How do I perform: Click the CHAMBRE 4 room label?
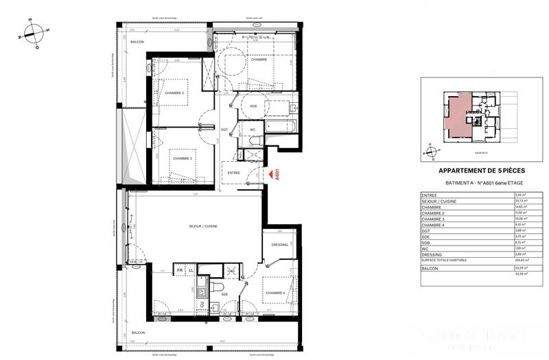click(x=275, y=293)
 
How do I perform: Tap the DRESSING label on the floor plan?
click(x=279, y=244)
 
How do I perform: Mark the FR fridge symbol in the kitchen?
click(x=180, y=271)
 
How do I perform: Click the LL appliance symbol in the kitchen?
click(x=191, y=271)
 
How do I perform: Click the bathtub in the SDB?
click(x=273, y=126)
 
